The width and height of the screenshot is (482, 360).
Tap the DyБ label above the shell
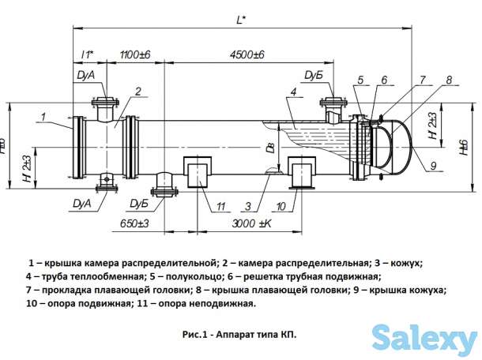(311, 76)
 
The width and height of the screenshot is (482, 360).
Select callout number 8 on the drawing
(448, 80)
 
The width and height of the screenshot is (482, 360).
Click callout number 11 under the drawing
(222, 207)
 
